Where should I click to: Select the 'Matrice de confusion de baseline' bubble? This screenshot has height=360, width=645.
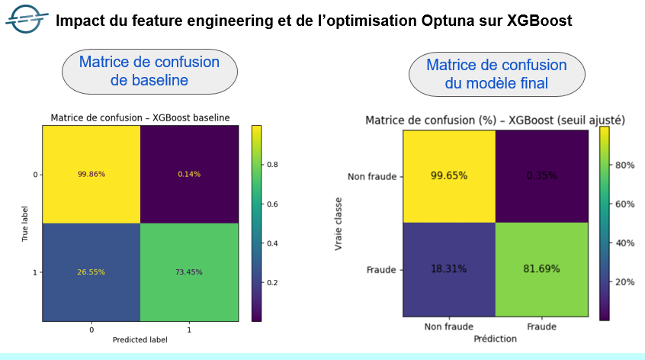149,71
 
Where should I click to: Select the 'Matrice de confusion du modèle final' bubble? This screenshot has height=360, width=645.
496,74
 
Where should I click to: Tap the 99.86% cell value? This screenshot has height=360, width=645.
91,174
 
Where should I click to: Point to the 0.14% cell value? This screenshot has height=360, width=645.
190,174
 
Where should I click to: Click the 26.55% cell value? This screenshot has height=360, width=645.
91,272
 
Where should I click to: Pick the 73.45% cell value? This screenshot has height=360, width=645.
190,272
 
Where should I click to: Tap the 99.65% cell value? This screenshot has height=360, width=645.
449,175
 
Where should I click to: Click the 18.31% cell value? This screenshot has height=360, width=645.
449,269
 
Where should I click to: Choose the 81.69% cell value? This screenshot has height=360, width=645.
543,269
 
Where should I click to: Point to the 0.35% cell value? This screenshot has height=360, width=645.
543,175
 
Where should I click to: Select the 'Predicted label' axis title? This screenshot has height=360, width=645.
141,338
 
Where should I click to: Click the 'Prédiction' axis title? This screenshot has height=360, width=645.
496,338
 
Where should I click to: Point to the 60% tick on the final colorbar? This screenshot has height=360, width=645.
625,204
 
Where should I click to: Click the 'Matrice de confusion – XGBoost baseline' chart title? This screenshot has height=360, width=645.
140,117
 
